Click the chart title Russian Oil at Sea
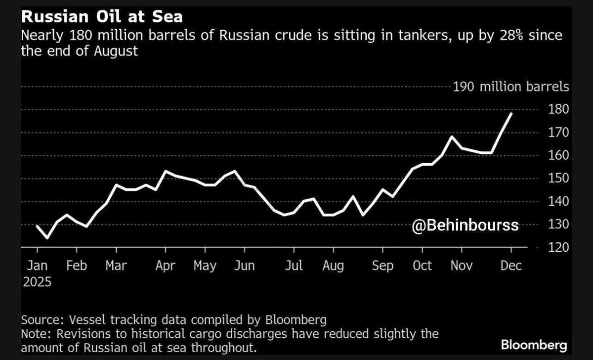click(x=101, y=17)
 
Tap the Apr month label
click(x=165, y=266)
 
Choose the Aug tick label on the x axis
click(x=333, y=266)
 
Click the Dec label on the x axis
click(x=511, y=266)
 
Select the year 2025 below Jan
click(x=37, y=282)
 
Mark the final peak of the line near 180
click(x=511, y=113)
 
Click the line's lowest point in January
click(x=47, y=238)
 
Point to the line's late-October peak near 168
click(x=451, y=136)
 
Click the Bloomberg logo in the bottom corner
click(x=534, y=344)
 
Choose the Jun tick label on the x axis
click(x=244, y=266)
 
